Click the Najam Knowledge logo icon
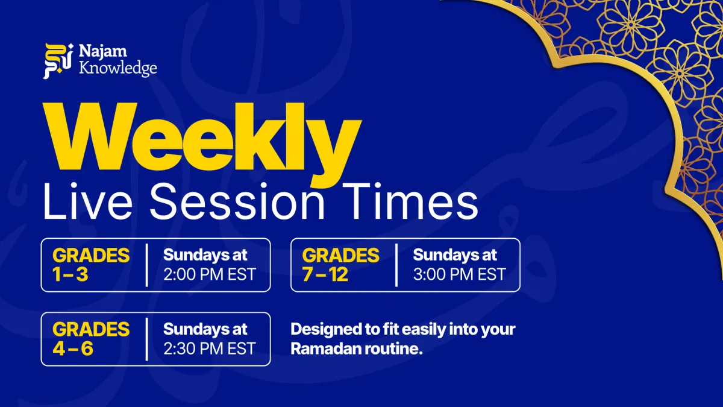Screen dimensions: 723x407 click(x=58, y=61)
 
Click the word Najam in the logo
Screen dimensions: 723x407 click(x=103, y=52)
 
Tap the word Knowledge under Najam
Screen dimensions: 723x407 click(x=118, y=68)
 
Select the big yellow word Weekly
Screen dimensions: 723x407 click(x=202, y=142)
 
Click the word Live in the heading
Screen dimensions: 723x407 click(x=88, y=201)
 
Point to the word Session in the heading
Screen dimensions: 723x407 click(x=237, y=201)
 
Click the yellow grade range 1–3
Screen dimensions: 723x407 click(x=70, y=274)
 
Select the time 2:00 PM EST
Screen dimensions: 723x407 click(x=210, y=274)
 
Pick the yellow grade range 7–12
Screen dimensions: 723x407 click(x=325, y=274)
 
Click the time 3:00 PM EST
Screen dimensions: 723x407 click(x=460, y=274)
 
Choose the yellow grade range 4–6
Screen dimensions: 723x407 click(x=73, y=349)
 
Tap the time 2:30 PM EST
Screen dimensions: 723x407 click(x=210, y=349)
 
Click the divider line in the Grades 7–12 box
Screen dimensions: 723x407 click(x=396, y=265)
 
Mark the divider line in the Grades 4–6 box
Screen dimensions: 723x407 click(x=147, y=339)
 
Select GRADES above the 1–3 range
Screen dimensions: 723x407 click(x=91, y=256)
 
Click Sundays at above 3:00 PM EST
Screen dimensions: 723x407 click(x=455, y=255)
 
